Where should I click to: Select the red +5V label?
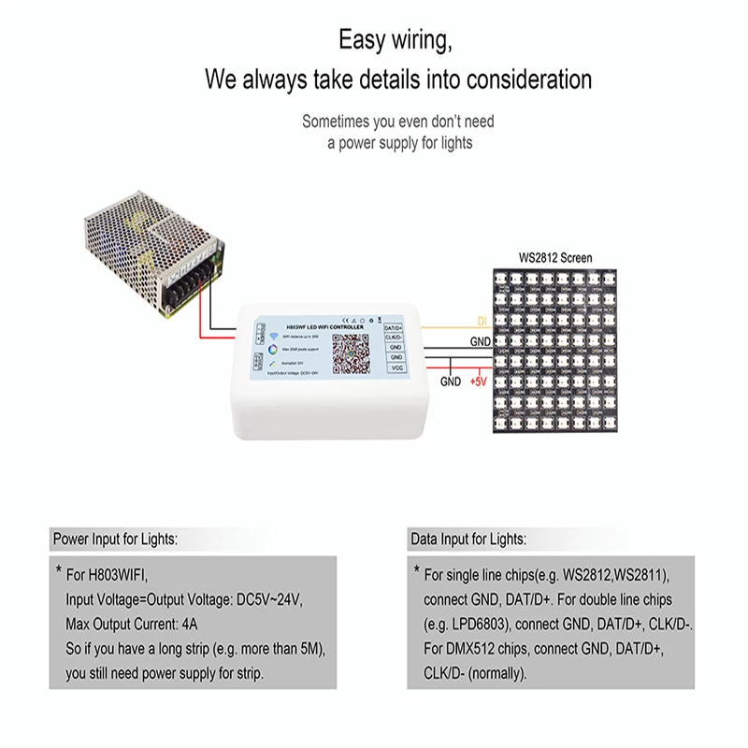coord(479,381)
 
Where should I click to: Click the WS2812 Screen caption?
coord(555,257)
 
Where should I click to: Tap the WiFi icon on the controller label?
coord(275,335)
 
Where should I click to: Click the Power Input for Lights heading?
coord(115,539)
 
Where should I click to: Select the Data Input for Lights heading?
coord(467,539)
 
